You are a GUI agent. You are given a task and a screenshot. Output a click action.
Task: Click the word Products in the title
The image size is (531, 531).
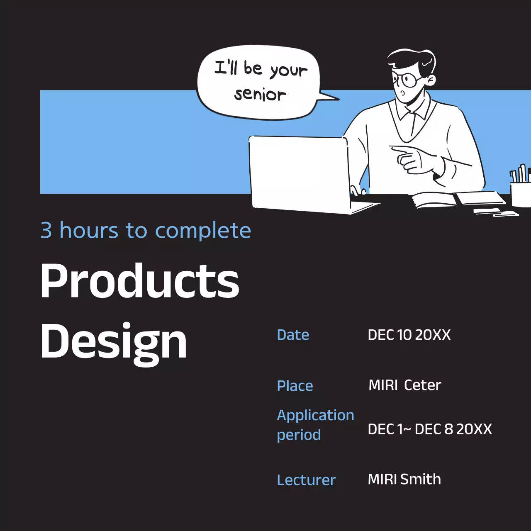tap(140, 281)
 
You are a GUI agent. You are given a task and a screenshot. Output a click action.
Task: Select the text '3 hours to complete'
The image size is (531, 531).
tap(146, 231)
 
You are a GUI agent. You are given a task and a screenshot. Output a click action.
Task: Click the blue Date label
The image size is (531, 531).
tap(293, 335)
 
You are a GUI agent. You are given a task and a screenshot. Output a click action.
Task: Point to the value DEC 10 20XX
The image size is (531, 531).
tap(409, 335)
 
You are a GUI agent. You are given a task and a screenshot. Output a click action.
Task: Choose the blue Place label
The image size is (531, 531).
tap(295, 386)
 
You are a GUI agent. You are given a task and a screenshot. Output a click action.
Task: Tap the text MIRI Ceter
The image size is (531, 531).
tap(404, 385)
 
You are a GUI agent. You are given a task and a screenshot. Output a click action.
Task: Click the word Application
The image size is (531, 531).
tap(315, 415)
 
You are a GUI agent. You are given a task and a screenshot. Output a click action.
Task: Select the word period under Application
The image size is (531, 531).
tap(299, 435)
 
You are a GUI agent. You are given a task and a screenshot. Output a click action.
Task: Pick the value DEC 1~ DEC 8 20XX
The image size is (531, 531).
tap(430, 429)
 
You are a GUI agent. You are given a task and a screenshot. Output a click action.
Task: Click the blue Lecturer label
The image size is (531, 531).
tap(306, 480)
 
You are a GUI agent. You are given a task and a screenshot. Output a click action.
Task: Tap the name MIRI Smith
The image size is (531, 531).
tap(404, 479)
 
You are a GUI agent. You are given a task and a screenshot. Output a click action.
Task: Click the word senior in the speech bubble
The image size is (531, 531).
tap(260, 95)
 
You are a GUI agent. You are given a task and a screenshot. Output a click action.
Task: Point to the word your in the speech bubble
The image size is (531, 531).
tap(289, 71)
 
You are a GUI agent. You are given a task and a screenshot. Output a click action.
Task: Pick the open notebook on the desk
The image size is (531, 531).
tap(456, 199)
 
